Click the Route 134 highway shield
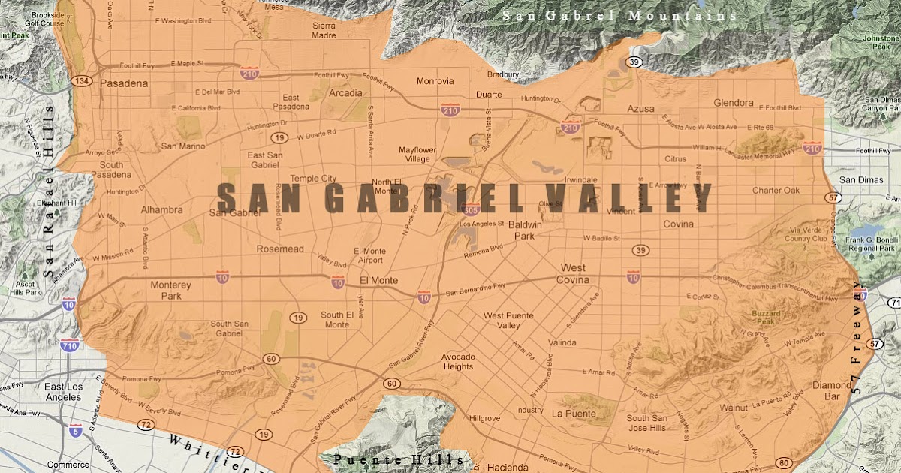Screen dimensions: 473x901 coord(81,80)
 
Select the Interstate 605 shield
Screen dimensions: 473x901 coord(472,211)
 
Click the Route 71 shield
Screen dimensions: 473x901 coord(893,303)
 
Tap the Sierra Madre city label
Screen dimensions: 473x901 coord(324,30)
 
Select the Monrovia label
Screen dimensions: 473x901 coord(435,81)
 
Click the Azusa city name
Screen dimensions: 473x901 coord(642,109)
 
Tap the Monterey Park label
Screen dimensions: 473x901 coord(171,291)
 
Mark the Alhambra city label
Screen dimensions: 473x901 coord(161,210)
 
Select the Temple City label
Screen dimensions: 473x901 coord(314,179)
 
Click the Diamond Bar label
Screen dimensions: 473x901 coord(832,391)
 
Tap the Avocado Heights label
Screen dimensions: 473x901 coord(457,361)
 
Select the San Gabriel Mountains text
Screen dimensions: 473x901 coord(619,15)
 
